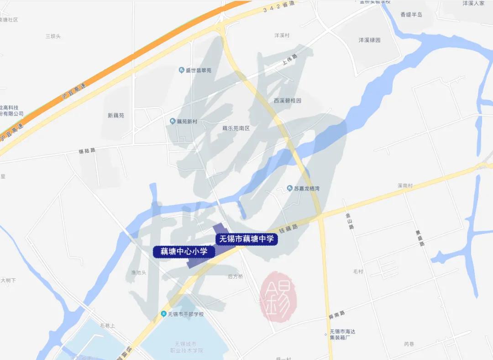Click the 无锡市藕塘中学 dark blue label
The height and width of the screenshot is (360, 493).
coord(246,239)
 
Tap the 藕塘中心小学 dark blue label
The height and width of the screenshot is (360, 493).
coord(184,251)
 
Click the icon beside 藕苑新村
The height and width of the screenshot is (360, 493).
coord(173,121)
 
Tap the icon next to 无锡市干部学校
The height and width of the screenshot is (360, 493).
coord(163,314)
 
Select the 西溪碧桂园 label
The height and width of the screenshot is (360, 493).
coord(288,101)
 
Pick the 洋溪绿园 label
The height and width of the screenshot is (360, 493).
coord(369,40)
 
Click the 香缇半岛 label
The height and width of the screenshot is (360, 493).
coord(411,15)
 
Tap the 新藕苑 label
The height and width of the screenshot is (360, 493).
coord(116,116)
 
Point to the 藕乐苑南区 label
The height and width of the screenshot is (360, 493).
coord(236,128)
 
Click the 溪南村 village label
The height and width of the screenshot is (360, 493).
coord(405,186)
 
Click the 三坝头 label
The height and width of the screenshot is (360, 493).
coord(53,36)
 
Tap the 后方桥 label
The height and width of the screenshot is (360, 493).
coord(235,276)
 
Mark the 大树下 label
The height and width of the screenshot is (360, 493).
coord(8,280)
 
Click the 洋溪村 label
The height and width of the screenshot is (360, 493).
coord(282,35)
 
